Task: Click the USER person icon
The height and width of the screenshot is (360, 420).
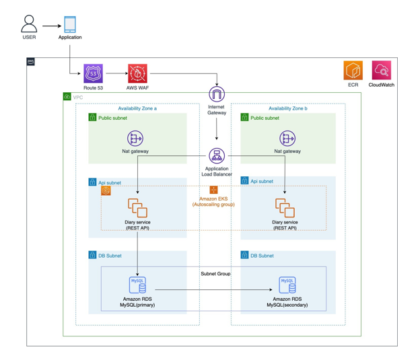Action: [29, 24]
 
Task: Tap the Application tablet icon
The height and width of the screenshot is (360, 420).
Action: [70, 25]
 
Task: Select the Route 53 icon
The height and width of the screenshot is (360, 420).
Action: [94, 74]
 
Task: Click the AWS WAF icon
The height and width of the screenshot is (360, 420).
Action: [138, 74]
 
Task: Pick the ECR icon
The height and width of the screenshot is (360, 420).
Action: [353, 71]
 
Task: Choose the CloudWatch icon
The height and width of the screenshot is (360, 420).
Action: [381, 71]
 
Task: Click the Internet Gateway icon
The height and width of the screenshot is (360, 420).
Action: [216, 94]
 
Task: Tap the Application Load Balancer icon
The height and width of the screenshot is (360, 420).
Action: [216, 156]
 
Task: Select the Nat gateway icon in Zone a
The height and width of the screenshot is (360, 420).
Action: [136, 139]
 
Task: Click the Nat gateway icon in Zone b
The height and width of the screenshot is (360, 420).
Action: [287, 139]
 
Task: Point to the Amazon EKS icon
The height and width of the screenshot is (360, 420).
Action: [213, 190]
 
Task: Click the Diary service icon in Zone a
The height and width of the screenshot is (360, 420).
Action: [137, 208]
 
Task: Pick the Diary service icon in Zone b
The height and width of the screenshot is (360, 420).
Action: [285, 208]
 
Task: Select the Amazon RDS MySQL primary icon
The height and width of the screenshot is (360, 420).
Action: [138, 285]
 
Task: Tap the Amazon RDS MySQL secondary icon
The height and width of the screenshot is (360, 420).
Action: [287, 285]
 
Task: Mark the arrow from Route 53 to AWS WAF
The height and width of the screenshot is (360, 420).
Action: [115, 74]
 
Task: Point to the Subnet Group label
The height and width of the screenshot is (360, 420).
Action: [216, 274]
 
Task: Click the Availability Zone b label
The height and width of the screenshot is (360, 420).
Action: [288, 108]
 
